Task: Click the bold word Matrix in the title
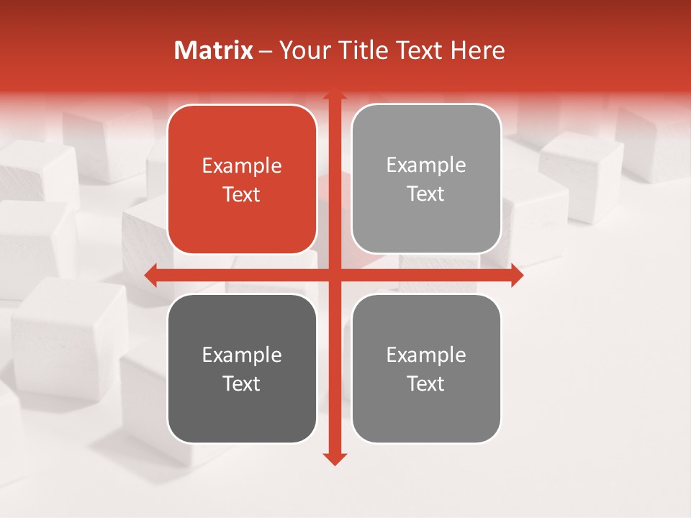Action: [214, 50]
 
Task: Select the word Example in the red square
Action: [242, 166]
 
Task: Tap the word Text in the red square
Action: [242, 194]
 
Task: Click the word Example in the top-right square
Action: [426, 165]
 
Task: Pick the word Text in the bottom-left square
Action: [242, 383]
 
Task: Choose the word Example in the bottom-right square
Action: [426, 355]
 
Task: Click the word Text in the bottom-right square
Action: [426, 383]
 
